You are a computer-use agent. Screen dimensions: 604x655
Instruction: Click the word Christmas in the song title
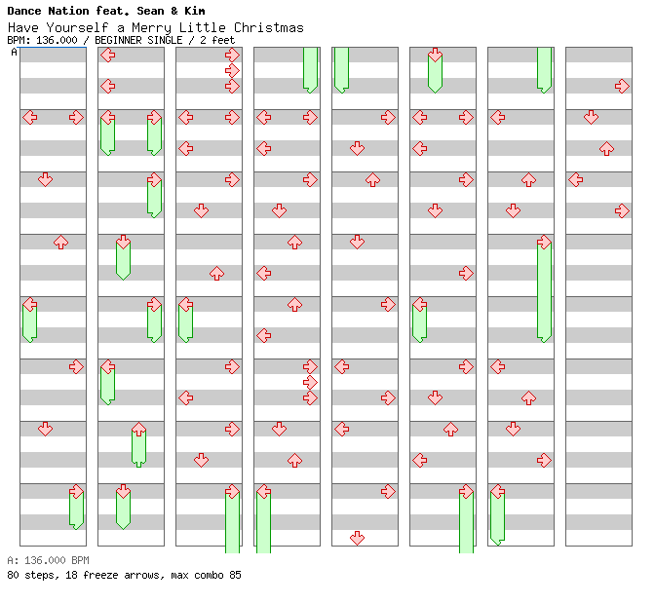[268, 27]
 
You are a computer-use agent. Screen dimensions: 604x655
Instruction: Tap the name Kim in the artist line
[195, 11]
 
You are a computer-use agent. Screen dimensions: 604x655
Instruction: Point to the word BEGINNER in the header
[124, 40]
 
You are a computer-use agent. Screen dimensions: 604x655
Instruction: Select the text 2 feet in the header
[222, 40]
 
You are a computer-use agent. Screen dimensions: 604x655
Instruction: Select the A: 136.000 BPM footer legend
[48, 560]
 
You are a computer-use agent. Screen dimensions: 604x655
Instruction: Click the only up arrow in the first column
[60, 242]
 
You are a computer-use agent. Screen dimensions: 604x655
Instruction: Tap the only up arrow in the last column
[606, 148]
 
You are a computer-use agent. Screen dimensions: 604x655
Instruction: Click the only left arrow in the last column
[575, 179]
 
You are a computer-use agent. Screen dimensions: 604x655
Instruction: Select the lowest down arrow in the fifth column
[357, 538]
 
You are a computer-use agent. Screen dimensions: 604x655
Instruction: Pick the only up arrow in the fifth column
[372, 179]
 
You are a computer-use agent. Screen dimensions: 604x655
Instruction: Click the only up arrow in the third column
[216, 273]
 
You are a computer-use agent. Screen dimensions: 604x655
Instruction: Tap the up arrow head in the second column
[138, 429]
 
